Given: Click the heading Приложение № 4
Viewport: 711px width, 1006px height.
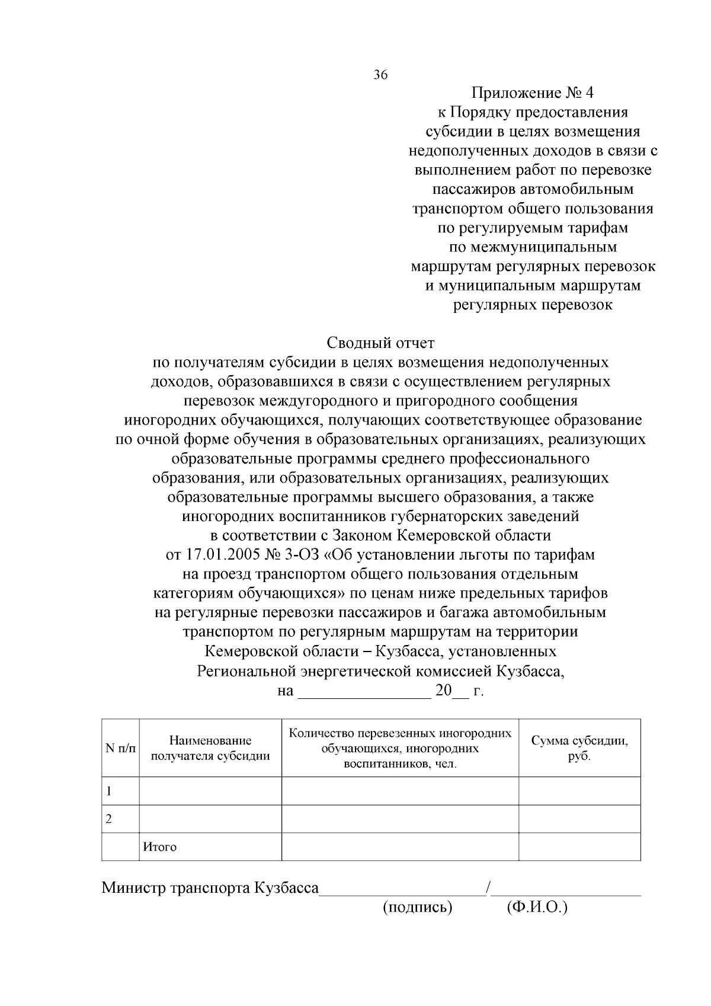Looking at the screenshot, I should (x=532, y=93).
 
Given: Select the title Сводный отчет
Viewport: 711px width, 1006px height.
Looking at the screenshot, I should (x=380, y=343).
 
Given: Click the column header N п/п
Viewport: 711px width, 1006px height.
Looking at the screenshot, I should (x=120, y=748).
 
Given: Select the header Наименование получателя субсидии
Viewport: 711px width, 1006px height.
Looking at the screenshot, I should (x=210, y=748).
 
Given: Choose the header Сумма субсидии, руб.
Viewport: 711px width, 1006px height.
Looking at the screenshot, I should (x=579, y=748).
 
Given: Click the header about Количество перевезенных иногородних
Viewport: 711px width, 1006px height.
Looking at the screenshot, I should (x=400, y=748).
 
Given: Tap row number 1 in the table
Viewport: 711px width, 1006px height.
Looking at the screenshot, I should (x=109, y=791).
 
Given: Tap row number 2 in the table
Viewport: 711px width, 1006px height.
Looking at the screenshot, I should (x=109, y=819).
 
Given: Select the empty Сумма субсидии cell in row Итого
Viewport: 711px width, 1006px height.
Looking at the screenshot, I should (x=579, y=847).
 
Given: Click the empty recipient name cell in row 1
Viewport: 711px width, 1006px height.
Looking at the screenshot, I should (x=210, y=791).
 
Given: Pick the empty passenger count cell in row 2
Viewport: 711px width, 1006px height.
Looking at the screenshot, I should (x=400, y=819).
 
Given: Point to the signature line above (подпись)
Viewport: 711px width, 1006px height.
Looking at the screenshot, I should (x=402, y=892).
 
